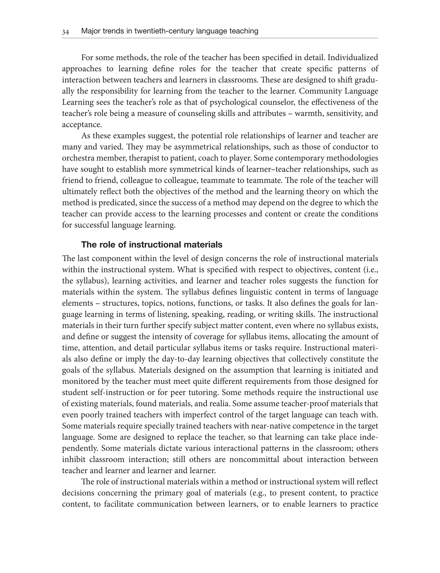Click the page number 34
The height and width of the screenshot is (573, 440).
point(66,32)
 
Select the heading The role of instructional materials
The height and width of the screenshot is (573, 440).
point(152,244)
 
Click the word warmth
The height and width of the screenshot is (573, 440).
point(307,114)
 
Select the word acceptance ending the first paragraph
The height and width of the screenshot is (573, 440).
point(81,125)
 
